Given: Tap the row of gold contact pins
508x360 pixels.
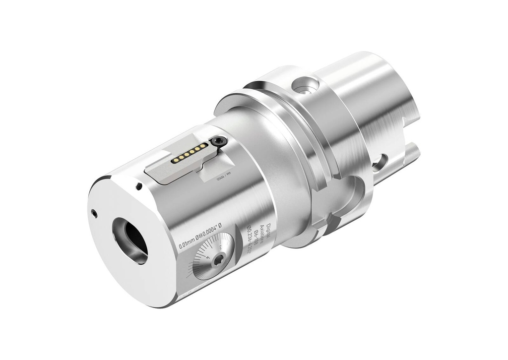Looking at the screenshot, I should tap(189, 154).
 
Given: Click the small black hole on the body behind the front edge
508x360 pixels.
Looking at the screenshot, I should tap(139, 186).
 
